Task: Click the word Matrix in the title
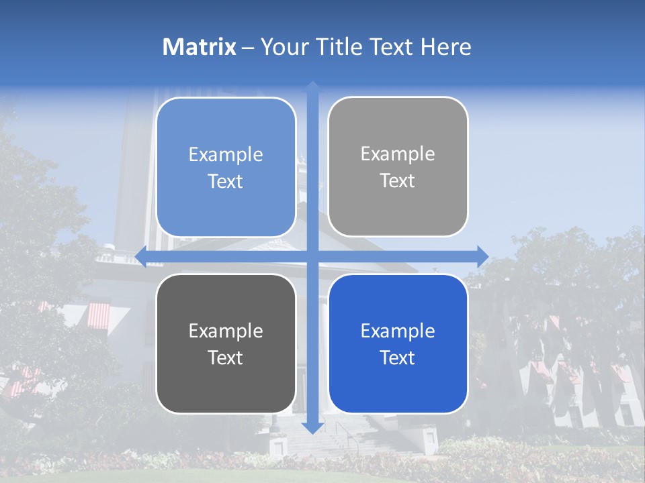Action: pyautogui.click(x=200, y=47)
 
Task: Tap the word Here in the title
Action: pyautogui.click(x=445, y=47)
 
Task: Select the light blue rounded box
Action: pyautogui.click(x=226, y=167)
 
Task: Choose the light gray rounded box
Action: pyautogui.click(x=398, y=166)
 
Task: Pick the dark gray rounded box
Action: pyautogui.click(x=226, y=343)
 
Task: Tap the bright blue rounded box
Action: pyautogui.click(x=398, y=343)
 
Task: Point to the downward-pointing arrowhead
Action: pyautogui.click(x=312, y=427)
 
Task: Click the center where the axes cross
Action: pyautogui.click(x=312, y=256)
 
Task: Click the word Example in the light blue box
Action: pyautogui.click(x=226, y=154)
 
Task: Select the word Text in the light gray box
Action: pyautogui.click(x=398, y=180)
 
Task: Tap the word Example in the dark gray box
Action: pyautogui.click(x=226, y=331)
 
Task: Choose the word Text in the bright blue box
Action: pyautogui.click(x=398, y=358)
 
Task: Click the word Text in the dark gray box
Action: pyautogui.click(x=226, y=358)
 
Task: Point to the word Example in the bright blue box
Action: pyautogui.click(x=398, y=331)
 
